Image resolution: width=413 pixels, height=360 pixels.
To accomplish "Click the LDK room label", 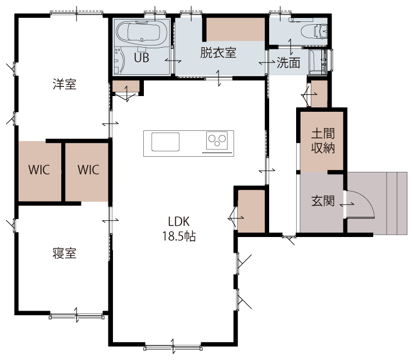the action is tap(179, 222).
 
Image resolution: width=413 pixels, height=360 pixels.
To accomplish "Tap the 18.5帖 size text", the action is tap(179, 236).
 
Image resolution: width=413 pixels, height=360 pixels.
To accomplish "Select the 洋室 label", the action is tap(65, 84).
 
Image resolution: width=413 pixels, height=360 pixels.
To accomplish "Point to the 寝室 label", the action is tap(65, 253).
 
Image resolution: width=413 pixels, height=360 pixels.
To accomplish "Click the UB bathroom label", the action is tap(142, 58).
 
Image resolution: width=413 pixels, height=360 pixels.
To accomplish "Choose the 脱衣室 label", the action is tap(219, 53).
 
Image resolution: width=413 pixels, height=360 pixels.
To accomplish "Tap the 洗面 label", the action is tap(288, 63).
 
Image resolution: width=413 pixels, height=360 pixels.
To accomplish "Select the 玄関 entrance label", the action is tap(323, 201).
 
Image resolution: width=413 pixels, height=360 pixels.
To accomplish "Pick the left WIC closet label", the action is tap(39, 170).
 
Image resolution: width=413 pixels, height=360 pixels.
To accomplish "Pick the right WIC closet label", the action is tap(89, 170).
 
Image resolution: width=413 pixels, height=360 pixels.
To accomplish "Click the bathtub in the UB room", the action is tap(142, 34).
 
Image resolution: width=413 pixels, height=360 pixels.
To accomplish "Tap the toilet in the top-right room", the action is tap(314, 31).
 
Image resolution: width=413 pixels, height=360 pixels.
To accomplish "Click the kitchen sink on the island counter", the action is tap(165, 142).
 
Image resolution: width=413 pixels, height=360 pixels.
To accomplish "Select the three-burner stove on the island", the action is tap(217, 140).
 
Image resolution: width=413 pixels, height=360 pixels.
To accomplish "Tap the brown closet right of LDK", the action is tap(251, 211).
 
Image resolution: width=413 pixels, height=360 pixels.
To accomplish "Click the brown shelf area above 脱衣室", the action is tap(235, 29).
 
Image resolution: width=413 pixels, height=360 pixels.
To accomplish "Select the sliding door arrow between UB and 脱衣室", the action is tap(173, 61).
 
